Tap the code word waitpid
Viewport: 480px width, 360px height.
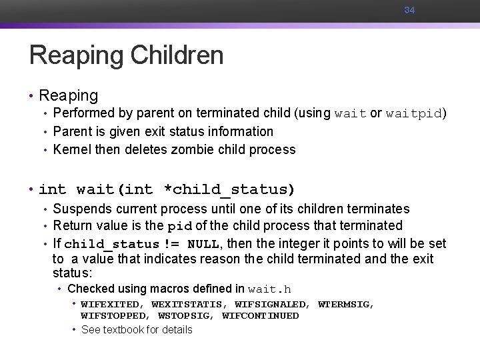[x=414, y=113]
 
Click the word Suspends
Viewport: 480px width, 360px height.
[x=83, y=209]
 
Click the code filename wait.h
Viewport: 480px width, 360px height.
[x=269, y=289]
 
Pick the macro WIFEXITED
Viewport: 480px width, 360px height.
[x=107, y=304]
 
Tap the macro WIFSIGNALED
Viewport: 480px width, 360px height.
[x=272, y=304]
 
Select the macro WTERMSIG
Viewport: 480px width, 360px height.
[x=345, y=304]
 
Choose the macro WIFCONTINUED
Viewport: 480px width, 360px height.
[x=260, y=315]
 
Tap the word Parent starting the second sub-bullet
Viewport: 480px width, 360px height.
[x=73, y=131]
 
